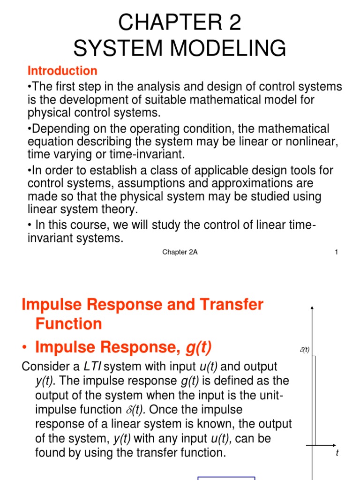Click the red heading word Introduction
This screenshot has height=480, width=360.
pos(62,71)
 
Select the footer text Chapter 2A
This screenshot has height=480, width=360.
pos(180,252)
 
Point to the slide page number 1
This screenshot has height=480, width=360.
pos(336,252)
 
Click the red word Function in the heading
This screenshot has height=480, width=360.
pos(68,323)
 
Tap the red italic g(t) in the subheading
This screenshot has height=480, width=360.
pos(199,347)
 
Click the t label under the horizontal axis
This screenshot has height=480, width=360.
pos(337,453)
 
